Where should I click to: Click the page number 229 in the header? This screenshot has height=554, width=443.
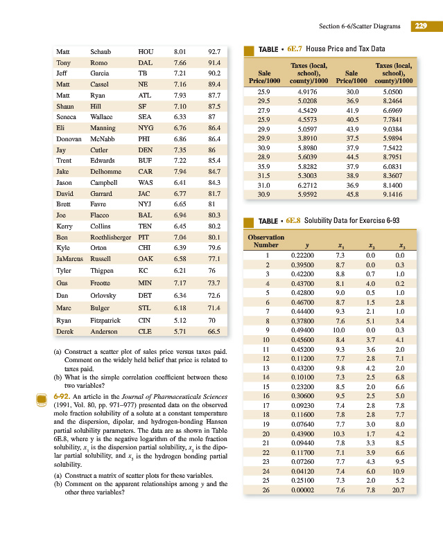click(x=420, y=26)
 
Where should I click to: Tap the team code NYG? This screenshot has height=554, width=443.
click(x=146, y=128)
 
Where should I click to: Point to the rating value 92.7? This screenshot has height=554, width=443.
click(x=214, y=51)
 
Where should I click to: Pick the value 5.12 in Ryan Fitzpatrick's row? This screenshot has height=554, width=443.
click(x=179, y=321)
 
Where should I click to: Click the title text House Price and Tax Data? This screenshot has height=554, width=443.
click(x=345, y=49)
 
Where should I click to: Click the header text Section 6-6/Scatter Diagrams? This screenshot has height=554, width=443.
click(x=360, y=26)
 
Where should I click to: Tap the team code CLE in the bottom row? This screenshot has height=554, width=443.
click(x=145, y=331)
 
